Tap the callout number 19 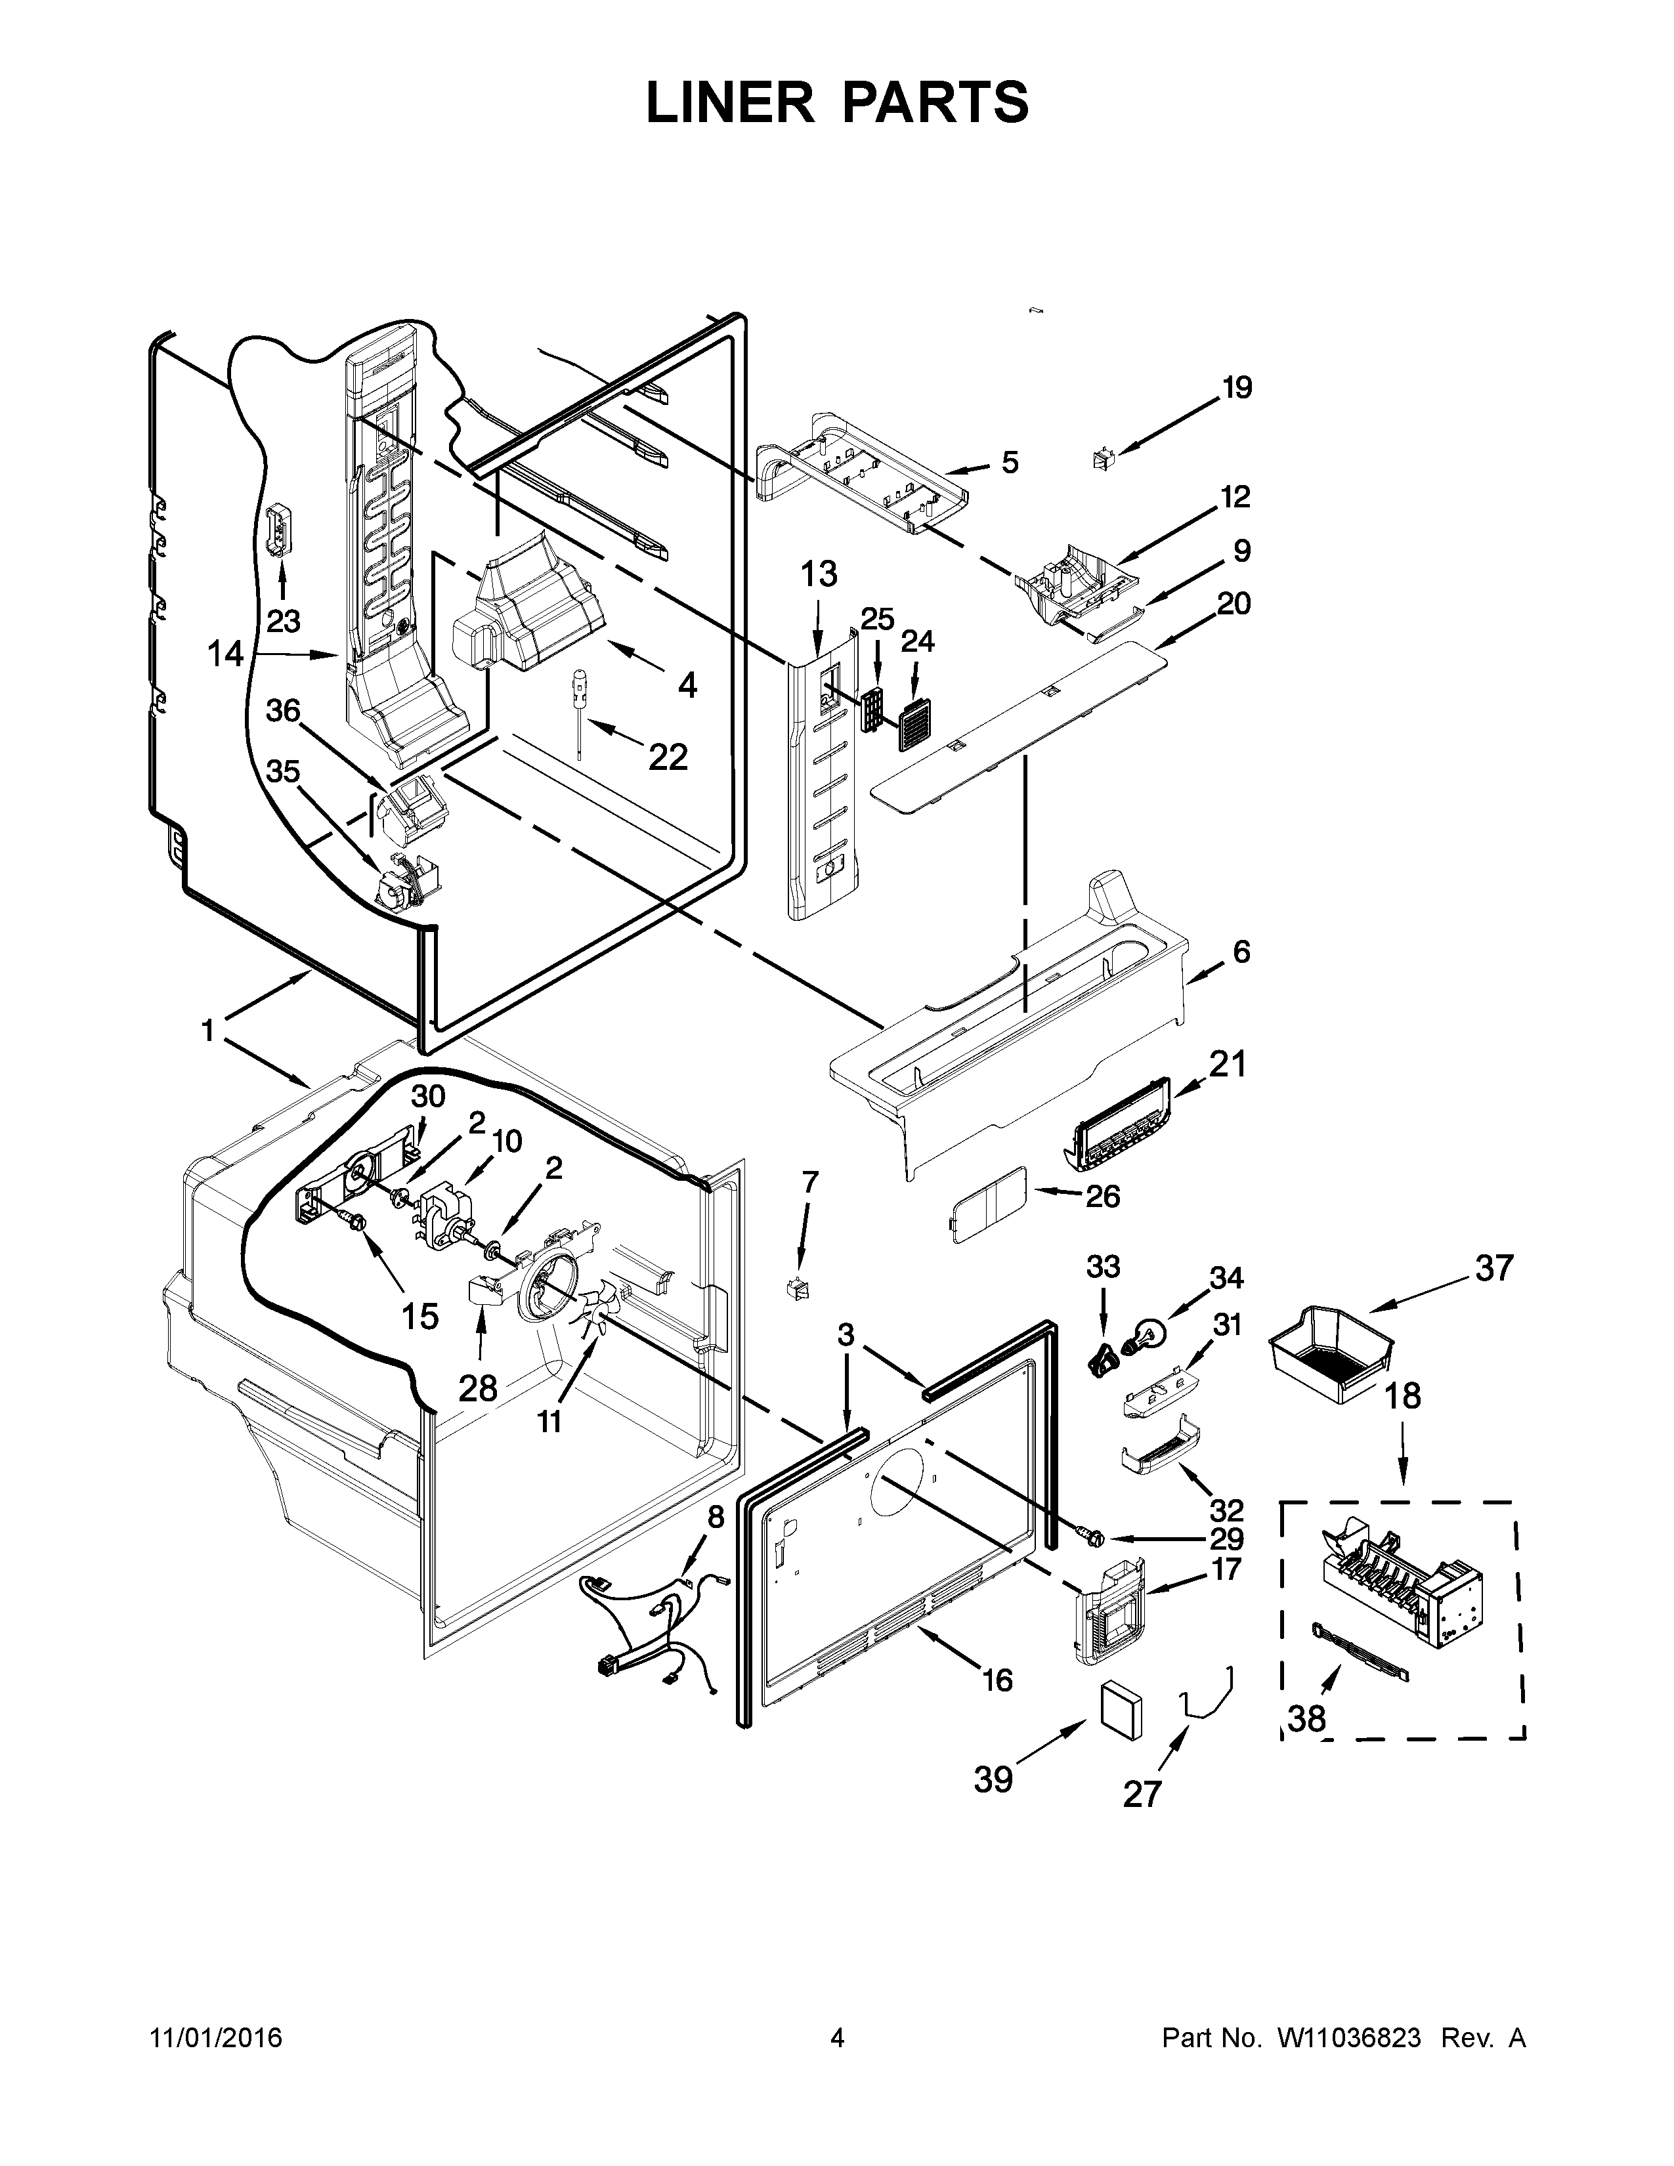1237,388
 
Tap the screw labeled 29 1090,1561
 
